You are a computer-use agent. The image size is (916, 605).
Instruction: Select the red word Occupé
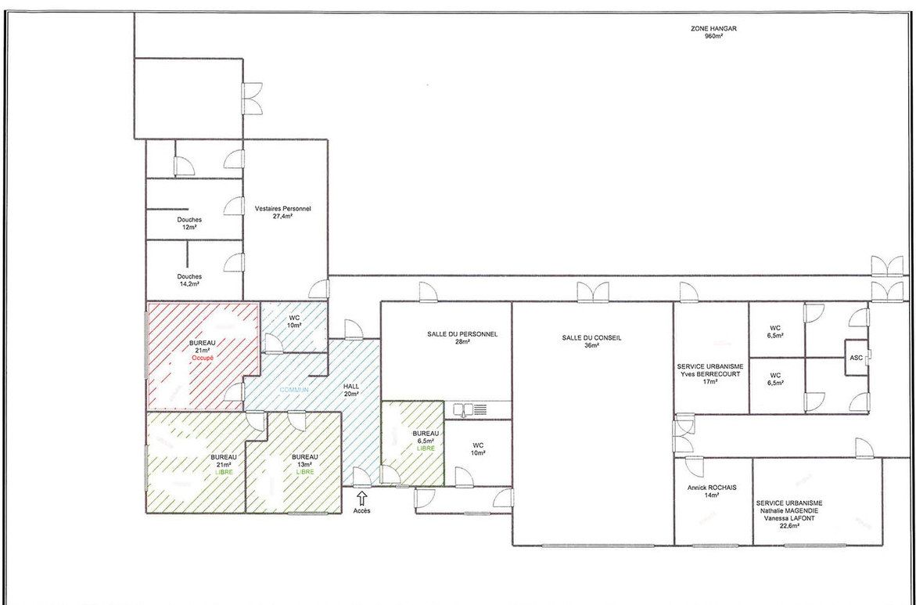click(x=203, y=357)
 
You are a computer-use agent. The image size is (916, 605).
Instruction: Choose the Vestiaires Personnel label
click(x=282, y=209)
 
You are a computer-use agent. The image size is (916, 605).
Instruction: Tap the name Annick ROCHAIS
click(x=713, y=487)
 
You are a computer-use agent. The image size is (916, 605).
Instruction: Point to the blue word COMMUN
click(x=294, y=390)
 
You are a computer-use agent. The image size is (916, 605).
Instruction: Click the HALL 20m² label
click(x=351, y=389)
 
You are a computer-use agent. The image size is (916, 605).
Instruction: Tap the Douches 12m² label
click(x=189, y=223)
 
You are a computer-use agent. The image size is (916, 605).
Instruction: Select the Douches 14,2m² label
click(x=189, y=280)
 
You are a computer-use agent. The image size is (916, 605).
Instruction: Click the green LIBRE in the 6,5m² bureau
click(x=425, y=448)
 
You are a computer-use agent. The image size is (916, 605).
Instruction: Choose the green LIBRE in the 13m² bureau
click(x=304, y=473)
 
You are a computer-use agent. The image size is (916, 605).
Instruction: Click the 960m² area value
click(x=713, y=36)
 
